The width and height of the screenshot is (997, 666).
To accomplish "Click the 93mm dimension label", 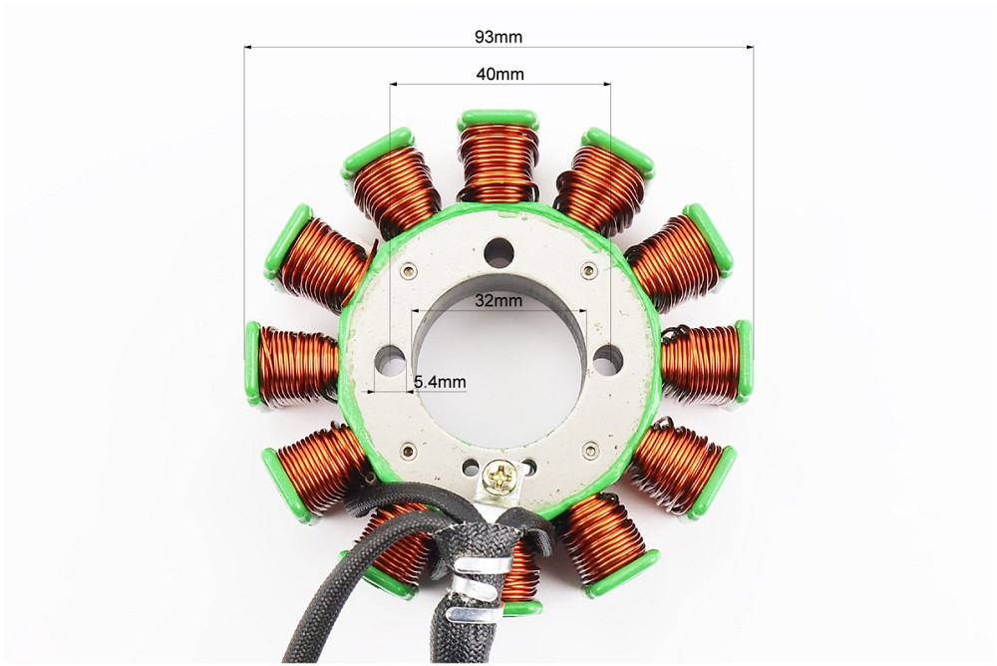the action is click(498, 37).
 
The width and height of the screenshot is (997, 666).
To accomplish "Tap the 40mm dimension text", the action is click(500, 75).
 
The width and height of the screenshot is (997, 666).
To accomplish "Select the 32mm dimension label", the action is click(498, 300).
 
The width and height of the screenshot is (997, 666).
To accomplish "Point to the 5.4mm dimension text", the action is click(440, 382).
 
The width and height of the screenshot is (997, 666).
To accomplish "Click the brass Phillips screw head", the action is click(498, 476).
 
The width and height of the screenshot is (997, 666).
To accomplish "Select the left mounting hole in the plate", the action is click(391, 361).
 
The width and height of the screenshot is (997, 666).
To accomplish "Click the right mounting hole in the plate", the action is click(608, 360).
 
